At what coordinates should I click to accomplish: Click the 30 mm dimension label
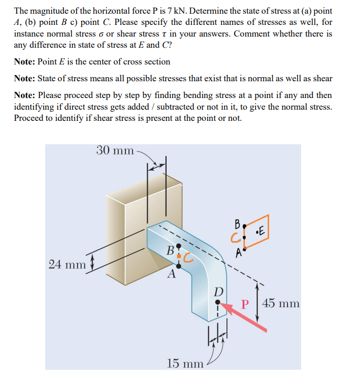point(115,150)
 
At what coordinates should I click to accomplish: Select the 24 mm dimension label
point(67,264)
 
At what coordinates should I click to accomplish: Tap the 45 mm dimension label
point(281,304)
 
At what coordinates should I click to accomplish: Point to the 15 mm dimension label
point(185,363)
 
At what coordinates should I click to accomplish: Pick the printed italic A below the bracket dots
point(172,275)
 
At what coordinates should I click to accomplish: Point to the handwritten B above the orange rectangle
point(237,223)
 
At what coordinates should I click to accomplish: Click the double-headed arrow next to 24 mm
point(91,264)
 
